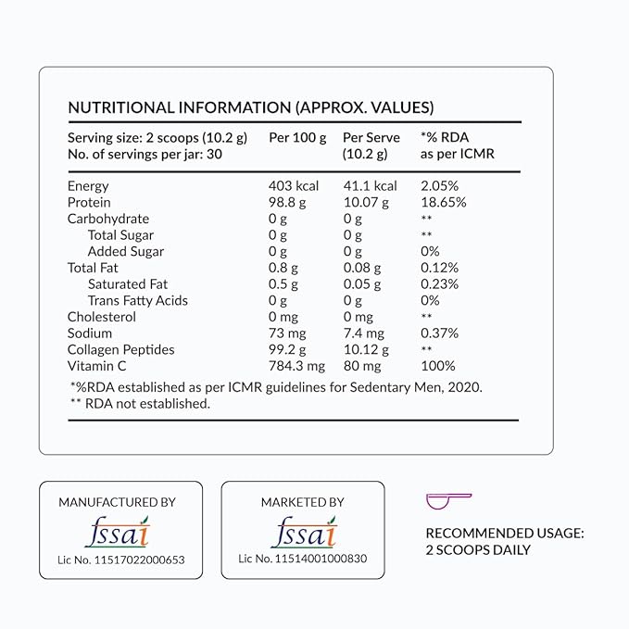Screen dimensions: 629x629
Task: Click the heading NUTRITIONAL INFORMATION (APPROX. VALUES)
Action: (251, 107)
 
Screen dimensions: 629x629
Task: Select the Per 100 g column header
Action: (297, 137)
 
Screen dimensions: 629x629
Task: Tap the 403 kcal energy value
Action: (293, 186)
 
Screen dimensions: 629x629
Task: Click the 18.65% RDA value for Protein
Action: (444, 202)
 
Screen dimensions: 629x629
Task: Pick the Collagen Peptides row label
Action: (120, 349)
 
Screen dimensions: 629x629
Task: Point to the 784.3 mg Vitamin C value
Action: (297, 366)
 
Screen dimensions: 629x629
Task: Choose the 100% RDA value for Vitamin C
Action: (439, 366)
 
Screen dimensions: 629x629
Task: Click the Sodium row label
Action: (90, 333)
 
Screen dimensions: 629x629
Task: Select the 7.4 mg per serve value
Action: (363, 333)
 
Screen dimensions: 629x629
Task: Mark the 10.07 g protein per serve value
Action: (366, 202)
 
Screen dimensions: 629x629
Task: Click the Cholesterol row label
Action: (102, 317)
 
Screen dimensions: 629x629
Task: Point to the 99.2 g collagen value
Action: (288, 349)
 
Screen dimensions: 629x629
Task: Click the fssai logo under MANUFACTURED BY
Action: (117, 534)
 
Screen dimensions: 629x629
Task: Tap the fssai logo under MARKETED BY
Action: (303, 534)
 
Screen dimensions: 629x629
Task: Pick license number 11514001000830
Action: (303, 559)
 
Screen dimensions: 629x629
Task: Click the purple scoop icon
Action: (448, 501)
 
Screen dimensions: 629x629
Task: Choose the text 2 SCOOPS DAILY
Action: (478, 549)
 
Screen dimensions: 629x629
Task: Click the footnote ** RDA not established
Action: (139, 403)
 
